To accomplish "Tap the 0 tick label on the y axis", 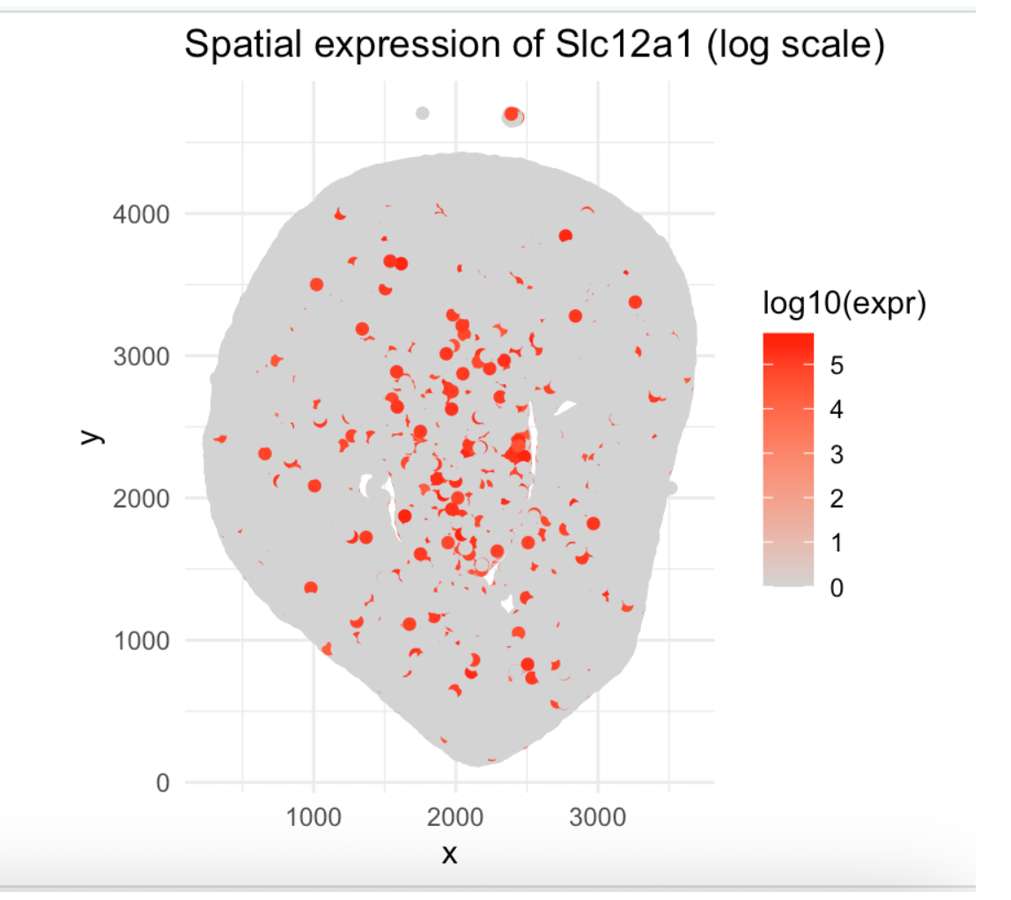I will tap(160, 783).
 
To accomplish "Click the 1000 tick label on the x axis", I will tap(314, 815).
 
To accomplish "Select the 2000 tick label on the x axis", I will tap(455, 815).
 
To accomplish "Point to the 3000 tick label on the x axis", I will tap(598, 815).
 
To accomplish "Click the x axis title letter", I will tap(449, 852).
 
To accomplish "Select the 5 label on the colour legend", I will tap(836, 365).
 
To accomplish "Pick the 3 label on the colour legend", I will tap(836, 454).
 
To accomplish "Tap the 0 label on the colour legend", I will tap(836, 588).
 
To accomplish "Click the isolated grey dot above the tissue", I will tap(423, 113).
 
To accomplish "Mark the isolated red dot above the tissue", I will tap(512, 114).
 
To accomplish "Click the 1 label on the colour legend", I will tap(836, 543).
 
